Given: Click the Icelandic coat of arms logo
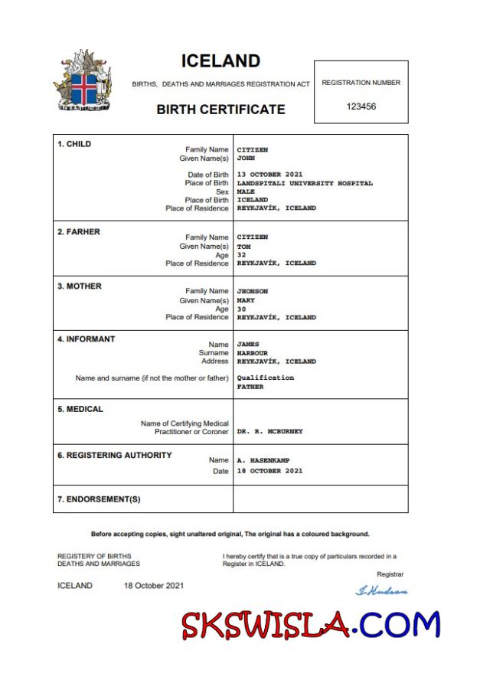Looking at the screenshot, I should (82, 82).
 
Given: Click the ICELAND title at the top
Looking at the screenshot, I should (220, 61).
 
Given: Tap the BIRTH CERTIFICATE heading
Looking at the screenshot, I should (220, 110).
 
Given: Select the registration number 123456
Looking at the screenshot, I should (361, 106).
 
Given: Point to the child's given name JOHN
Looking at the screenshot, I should (246, 159).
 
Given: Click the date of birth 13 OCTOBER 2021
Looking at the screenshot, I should (276, 175).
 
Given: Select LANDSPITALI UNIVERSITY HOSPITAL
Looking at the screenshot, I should (305, 183).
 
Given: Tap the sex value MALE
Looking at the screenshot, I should (246, 191).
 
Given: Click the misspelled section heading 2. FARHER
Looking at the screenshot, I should (79, 232).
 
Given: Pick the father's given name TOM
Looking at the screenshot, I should (243, 247).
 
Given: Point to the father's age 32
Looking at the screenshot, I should (241, 255).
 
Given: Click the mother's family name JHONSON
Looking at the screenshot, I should (253, 291).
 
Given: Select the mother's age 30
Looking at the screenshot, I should (241, 309).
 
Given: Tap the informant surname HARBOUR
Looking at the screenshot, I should (253, 353).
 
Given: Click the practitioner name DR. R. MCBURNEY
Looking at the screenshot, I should (269, 431).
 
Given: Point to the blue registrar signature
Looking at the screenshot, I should (381, 590).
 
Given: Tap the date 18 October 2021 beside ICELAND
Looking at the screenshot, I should (154, 586).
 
